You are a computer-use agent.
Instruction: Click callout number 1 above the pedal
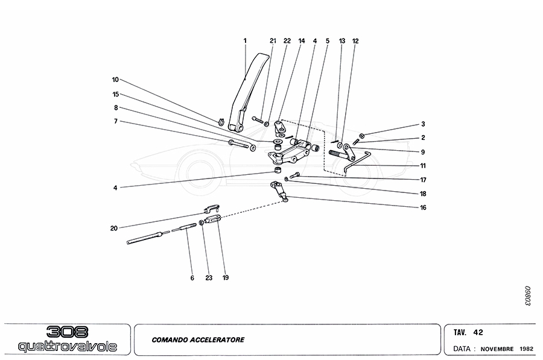point(246,41)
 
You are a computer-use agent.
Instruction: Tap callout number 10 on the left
point(115,80)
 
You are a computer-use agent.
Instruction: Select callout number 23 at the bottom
point(209,278)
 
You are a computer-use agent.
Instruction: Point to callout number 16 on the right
point(424,207)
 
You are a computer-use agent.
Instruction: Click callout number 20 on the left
point(115,227)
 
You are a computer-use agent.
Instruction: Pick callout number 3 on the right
point(424,124)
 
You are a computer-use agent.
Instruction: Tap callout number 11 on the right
point(424,165)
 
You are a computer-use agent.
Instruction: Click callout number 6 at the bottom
point(192,278)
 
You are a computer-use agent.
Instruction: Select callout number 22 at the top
point(287,41)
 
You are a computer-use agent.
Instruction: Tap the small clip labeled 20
point(211,210)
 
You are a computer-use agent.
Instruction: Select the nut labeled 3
point(360,134)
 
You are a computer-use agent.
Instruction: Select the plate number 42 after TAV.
point(478,332)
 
